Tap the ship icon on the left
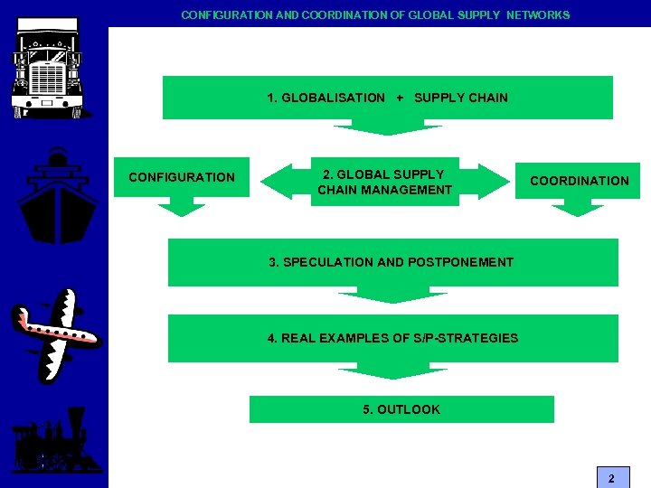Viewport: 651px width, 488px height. click(57, 198)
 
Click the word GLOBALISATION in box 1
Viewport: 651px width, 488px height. click(333, 98)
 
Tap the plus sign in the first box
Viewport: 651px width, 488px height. click(400, 98)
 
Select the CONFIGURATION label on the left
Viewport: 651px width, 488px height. click(182, 177)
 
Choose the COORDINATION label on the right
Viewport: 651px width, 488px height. click(579, 181)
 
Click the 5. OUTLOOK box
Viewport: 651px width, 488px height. click(401, 409)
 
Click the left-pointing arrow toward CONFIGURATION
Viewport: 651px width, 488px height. click(280, 181)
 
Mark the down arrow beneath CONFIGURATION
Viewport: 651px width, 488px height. click(182, 209)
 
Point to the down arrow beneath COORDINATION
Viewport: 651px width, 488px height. click(578, 209)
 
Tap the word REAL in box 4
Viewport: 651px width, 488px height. click(297, 338)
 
